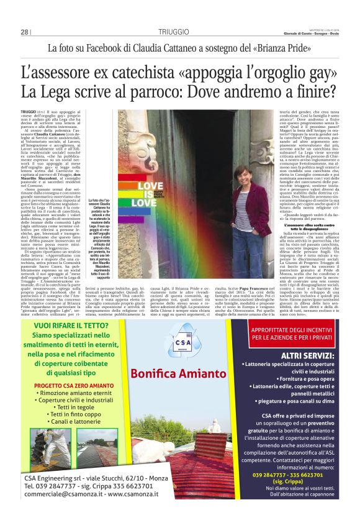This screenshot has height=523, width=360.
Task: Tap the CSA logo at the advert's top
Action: click(180, 349)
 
